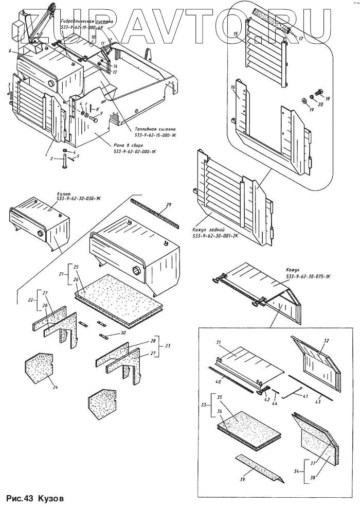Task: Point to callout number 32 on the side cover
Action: (326, 341)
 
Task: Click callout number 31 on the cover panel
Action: (218, 343)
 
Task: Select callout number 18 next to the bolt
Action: (328, 98)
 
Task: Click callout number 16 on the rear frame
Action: (233, 88)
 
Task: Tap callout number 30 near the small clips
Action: (123, 333)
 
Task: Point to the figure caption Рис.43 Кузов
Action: (35, 498)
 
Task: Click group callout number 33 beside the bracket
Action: (201, 405)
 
